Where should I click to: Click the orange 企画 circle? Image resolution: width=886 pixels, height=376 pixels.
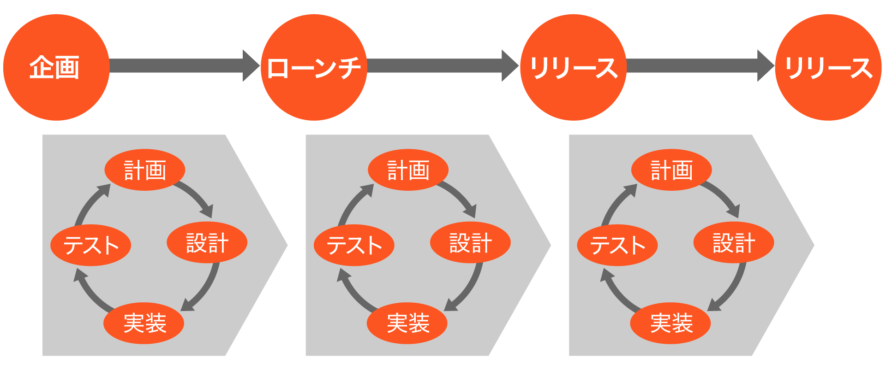pyautogui.click(x=56, y=67)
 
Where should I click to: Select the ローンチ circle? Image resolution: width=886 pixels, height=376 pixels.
pyautogui.click(x=314, y=67)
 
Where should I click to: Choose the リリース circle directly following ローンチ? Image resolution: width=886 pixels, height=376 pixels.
pyautogui.click(x=573, y=67)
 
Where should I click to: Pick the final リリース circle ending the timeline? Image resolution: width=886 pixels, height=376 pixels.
pyautogui.click(x=828, y=67)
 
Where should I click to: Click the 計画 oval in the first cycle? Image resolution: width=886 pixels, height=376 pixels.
pyautogui.click(x=145, y=170)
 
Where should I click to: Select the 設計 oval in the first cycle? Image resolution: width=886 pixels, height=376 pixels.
pyautogui.click(x=207, y=242)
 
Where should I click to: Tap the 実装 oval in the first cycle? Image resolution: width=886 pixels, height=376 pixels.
pyautogui.click(x=144, y=323)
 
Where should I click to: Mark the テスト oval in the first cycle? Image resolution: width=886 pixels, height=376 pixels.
pyautogui.click(x=91, y=245)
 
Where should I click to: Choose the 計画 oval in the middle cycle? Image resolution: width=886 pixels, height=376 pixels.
pyautogui.click(x=408, y=170)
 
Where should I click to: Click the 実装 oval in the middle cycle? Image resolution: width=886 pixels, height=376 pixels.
pyautogui.click(x=407, y=323)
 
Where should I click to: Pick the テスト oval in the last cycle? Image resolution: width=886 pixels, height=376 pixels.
pyautogui.click(x=617, y=245)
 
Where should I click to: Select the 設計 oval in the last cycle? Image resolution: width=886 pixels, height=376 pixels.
pyautogui.click(x=734, y=242)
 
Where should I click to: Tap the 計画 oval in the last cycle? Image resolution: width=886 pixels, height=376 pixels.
pyautogui.click(x=671, y=170)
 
